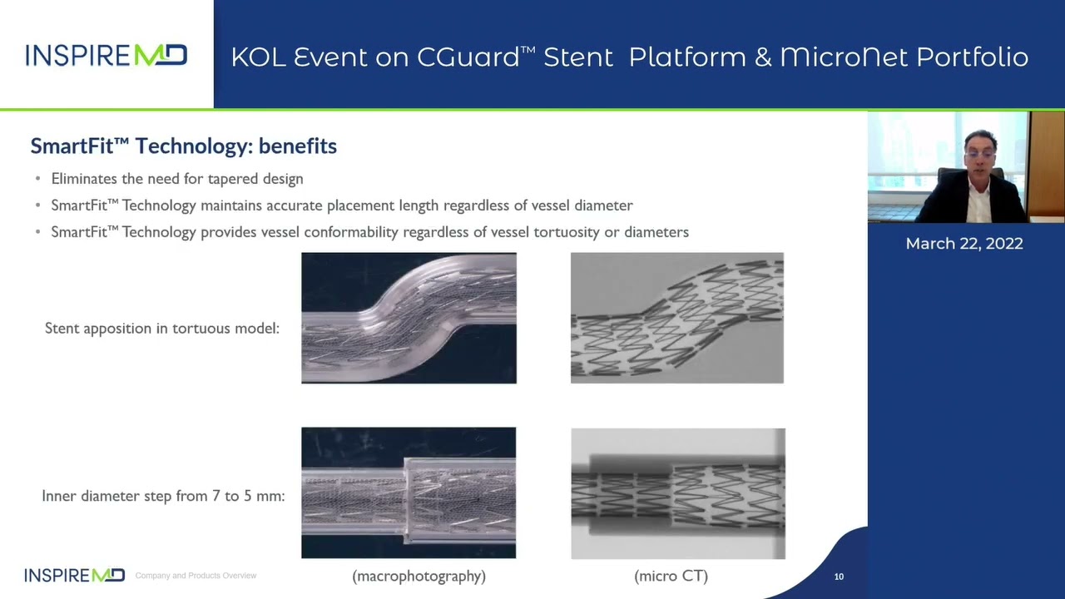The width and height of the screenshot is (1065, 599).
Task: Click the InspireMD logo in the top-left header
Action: [106, 55]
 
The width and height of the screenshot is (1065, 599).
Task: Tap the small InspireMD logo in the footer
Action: [75, 575]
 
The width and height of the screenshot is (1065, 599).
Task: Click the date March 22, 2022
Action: [964, 244]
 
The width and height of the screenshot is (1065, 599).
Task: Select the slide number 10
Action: [839, 577]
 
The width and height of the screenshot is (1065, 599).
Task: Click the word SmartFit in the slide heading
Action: [72, 146]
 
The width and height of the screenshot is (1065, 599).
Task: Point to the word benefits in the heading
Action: [298, 146]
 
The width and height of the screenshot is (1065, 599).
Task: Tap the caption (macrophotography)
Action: [419, 577]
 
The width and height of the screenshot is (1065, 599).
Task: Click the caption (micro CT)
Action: [671, 577]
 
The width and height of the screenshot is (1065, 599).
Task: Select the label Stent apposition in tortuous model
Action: [162, 328]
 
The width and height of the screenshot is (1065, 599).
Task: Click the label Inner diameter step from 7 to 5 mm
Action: [164, 496]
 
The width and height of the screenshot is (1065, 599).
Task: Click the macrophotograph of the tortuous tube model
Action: [409, 318]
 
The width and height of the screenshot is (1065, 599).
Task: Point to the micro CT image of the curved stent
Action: [677, 318]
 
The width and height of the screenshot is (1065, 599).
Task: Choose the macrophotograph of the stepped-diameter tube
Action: [409, 493]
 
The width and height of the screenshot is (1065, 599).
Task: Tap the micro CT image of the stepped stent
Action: [678, 493]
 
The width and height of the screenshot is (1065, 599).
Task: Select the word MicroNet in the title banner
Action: [845, 57]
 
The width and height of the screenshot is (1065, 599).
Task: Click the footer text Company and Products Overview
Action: [196, 576]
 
